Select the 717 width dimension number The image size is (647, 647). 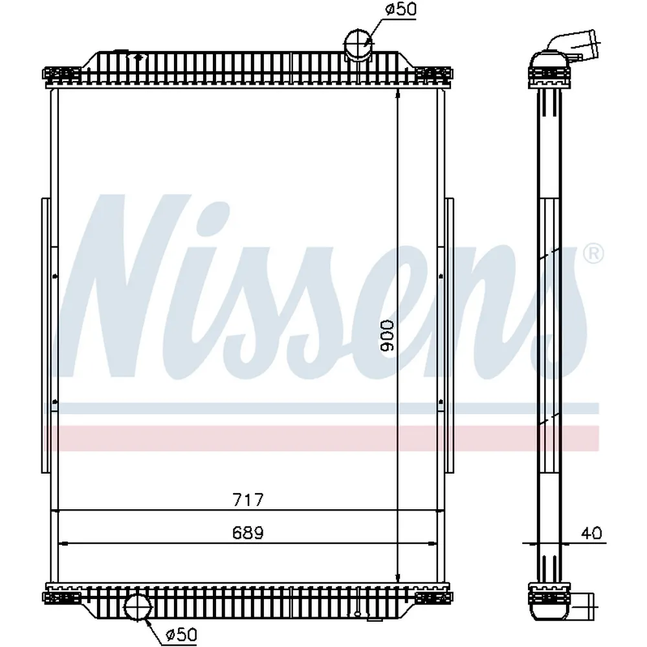(x=248, y=499)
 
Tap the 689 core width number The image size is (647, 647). (x=248, y=532)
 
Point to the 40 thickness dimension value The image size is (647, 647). (x=591, y=533)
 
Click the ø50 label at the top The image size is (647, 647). (x=400, y=9)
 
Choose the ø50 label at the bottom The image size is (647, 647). (x=182, y=634)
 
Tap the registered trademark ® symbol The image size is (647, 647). (x=593, y=254)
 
